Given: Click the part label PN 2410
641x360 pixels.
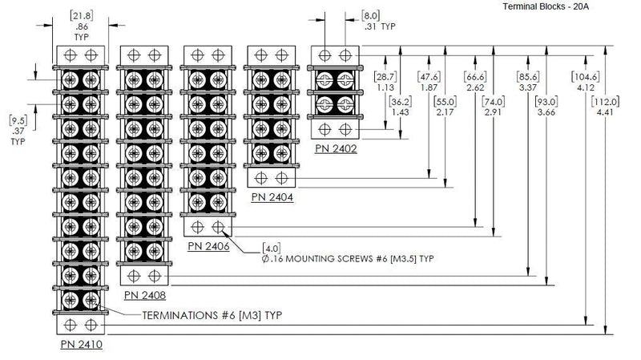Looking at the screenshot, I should point(81,344).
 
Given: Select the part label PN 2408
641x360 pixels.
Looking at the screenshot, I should point(145,296).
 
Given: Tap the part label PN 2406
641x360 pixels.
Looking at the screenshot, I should point(208,247).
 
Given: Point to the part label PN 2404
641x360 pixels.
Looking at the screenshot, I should point(272,197).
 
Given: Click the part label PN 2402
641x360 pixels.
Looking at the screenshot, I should point(335,148).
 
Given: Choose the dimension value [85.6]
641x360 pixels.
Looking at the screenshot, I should point(528,77).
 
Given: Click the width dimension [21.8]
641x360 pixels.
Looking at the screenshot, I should point(81,15).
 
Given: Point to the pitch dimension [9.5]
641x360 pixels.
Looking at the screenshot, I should point(18,119).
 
